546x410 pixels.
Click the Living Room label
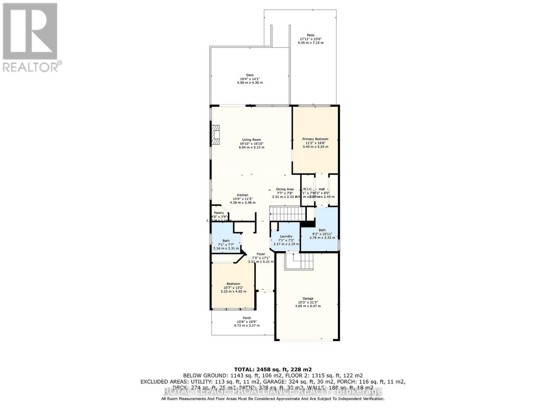click(252, 140)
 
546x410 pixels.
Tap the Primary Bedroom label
click(315, 139)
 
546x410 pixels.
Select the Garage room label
click(308, 299)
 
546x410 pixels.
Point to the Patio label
click(311, 35)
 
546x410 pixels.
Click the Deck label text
click(250, 75)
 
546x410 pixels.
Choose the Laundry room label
click(286, 236)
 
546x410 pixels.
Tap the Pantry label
click(219, 213)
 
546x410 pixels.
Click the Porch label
click(246, 318)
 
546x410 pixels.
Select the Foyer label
click(261, 254)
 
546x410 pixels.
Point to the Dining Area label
click(285, 189)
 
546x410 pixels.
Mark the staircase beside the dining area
click(287, 214)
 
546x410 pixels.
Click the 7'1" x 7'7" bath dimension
click(226, 244)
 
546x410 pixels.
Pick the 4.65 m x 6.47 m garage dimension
click(308, 306)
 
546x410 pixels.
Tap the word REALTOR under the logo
click(31, 67)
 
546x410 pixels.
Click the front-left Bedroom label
click(233, 284)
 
